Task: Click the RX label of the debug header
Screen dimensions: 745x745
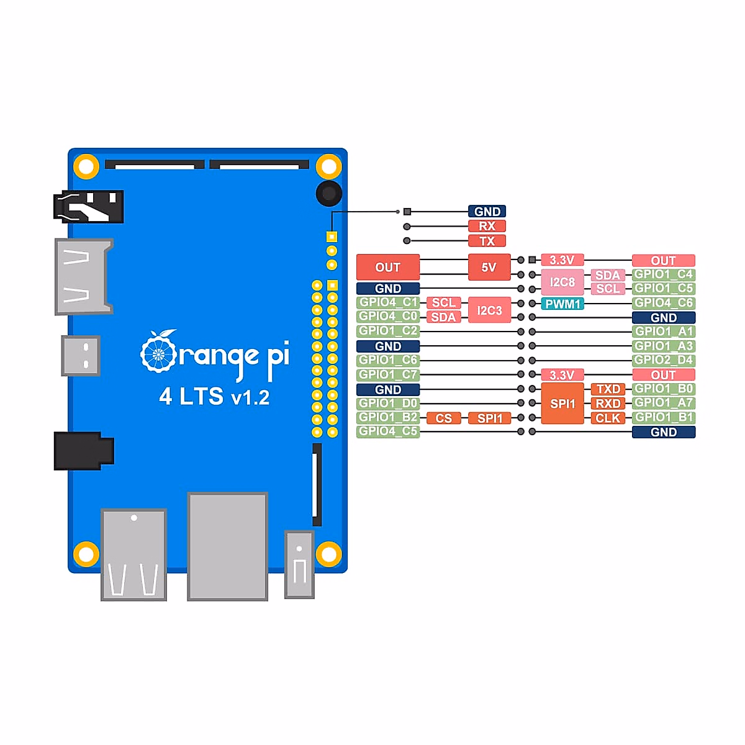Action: [487, 226]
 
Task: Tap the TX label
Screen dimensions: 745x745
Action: [487, 241]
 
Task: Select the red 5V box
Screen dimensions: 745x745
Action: [489, 268]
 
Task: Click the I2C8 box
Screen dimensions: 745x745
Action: [562, 282]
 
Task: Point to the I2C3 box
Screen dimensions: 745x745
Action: [489, 310]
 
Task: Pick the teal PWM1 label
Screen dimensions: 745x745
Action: [562, 304]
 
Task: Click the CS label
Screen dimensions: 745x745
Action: [443, 418]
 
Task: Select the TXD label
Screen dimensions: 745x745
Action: [608, 389]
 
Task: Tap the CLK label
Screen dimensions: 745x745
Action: [608, 418]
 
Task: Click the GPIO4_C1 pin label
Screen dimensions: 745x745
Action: [388, 302]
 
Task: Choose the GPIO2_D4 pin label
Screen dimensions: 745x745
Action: [663, 360]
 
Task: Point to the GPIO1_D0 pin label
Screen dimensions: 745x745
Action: [388, 404]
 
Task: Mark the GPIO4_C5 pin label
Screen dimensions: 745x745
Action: [388, 431]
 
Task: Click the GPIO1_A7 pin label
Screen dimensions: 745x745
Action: [663, 403]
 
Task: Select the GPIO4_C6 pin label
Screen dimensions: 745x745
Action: [663, 303]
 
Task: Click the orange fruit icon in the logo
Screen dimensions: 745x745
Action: [159, 352]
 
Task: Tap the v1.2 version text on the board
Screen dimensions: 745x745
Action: [250, 397]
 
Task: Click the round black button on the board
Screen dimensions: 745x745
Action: [328, 194]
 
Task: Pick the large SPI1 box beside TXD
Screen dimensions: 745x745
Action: [562, 404]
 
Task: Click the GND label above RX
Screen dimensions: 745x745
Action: [487, 212]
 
